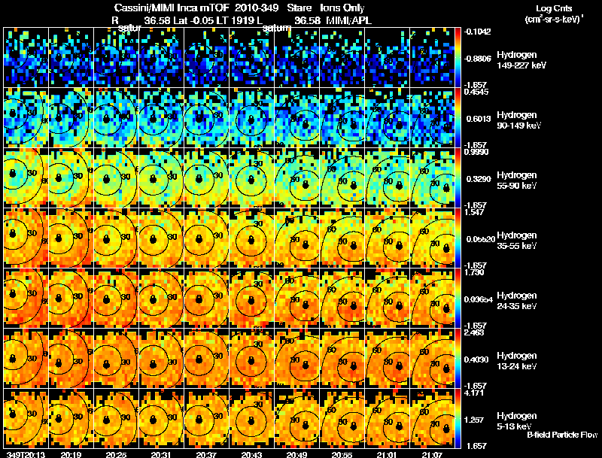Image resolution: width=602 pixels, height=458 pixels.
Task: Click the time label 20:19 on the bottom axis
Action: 71,454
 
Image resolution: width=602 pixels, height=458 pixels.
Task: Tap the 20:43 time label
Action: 252,454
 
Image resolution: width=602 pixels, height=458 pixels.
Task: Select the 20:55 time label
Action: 342,454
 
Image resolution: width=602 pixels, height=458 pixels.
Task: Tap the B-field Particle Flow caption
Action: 561,435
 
